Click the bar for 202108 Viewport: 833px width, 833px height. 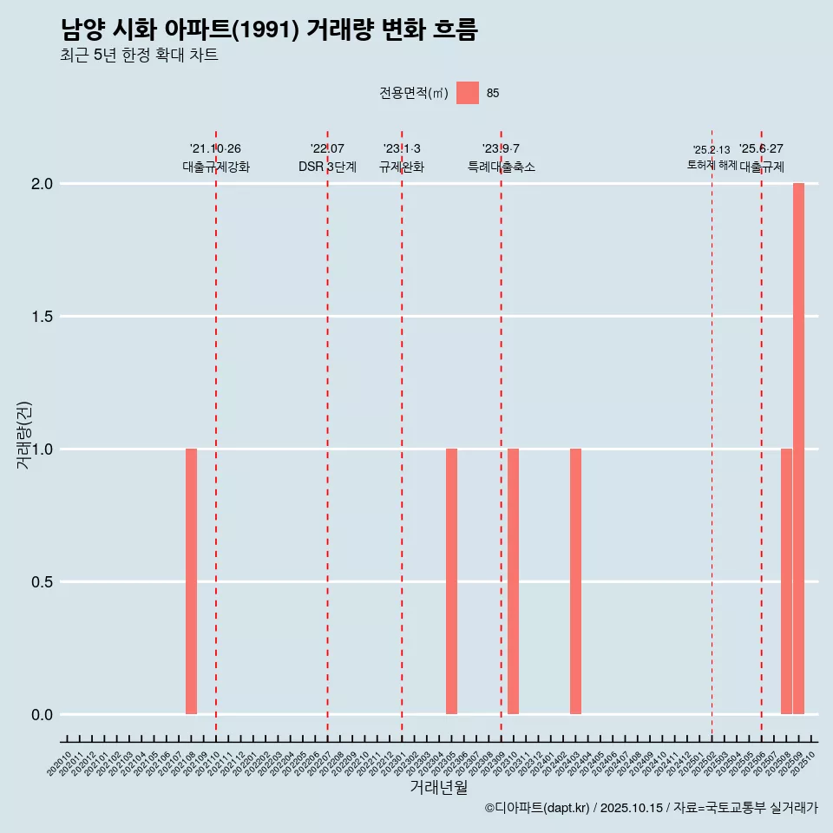tap(191, 581)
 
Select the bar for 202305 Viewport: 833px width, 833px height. tap(451, 581)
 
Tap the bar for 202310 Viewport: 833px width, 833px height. tap(513, 581)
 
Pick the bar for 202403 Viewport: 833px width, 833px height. tap(575, 581)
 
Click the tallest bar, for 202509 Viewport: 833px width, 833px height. tap(798, 449)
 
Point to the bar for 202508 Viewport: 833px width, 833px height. tap(786, 581)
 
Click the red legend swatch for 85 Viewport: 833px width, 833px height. tap(468, 93)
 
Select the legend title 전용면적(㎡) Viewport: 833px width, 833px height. tap(413, 94)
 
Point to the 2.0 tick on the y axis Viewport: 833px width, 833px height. tap(43, 184)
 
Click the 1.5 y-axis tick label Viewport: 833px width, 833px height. tap(43, 317)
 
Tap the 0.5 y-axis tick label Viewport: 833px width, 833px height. tap(43, 582)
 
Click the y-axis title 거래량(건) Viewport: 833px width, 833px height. tap(24, 435)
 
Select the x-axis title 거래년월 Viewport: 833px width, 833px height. tap(438, 788)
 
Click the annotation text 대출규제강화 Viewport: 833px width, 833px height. tap(216, 167)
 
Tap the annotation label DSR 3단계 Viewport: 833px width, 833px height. tap(327, 167)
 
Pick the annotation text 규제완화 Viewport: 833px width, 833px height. tap(402, 167)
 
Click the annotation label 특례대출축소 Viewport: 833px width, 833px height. tap(502, 167)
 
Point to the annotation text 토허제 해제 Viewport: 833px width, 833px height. tap(712, 165)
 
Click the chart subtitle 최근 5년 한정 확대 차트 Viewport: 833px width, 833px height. tap(139, 56)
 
